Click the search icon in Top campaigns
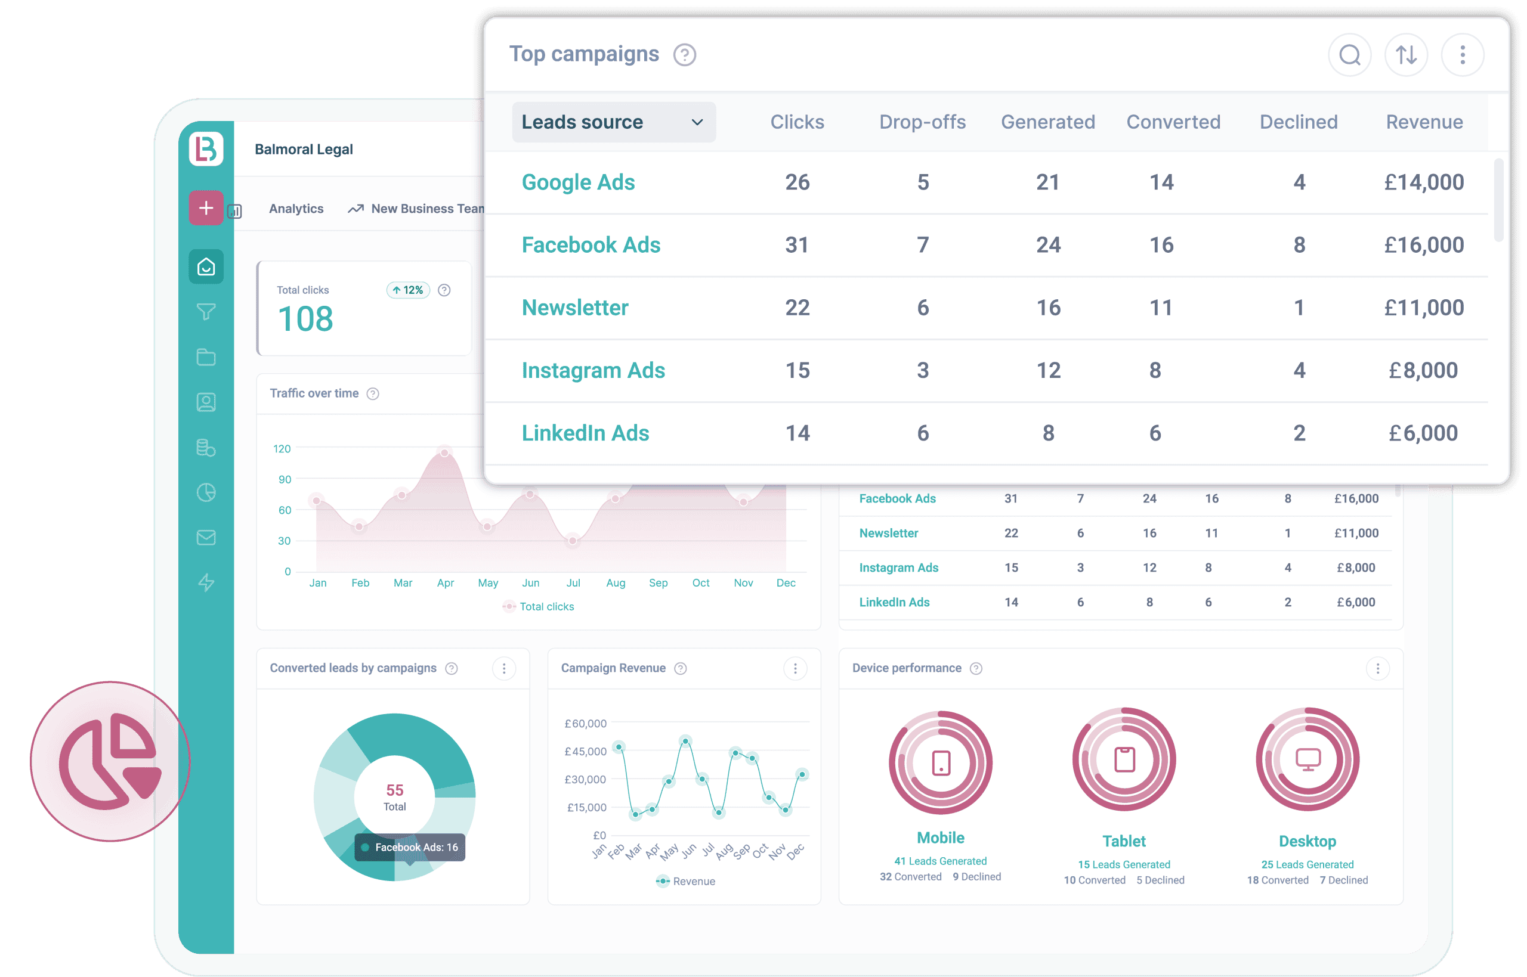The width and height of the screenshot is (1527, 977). tap(1349, 55)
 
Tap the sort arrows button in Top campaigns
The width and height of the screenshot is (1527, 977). tap(1406, 55)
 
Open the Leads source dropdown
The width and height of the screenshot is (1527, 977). tap(613, 122)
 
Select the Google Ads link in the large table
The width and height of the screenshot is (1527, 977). tap(577, 182)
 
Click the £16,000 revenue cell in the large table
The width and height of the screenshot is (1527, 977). tap(1424, 245)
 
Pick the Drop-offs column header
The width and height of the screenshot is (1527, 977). tap(922, 122)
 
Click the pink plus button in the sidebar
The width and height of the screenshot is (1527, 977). tap(206, 207)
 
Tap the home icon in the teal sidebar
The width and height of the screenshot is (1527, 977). tap(206, 266)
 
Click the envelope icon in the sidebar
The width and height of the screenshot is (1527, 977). tap(206, 537)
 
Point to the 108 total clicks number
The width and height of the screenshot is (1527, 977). tap(305, 318)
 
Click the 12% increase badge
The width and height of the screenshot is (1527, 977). tap(408, 290)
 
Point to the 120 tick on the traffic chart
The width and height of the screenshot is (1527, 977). tap(282, 448)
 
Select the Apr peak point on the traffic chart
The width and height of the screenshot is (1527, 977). tap(444, 452)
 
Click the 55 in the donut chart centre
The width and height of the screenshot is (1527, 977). tap(394, 790)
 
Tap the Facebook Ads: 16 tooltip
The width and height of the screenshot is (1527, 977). tap(410, 847)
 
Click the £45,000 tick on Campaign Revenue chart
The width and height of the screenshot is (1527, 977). tap(585, 751)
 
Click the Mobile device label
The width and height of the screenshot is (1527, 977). tap(940, 838)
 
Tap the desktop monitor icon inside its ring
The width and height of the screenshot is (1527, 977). tap(1307, 759)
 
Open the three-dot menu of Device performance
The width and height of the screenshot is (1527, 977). tap(1377, 668)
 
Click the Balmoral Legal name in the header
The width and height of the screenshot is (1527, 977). tap(304, 149)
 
